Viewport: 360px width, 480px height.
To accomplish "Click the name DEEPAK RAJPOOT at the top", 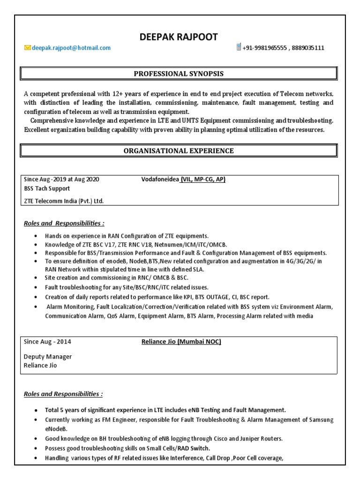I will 179,37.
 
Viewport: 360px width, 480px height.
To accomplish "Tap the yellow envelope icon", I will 28,48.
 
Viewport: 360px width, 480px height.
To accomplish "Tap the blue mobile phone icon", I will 239,47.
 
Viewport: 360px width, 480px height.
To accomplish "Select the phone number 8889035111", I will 309,48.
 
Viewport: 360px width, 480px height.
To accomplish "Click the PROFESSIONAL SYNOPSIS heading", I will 179,74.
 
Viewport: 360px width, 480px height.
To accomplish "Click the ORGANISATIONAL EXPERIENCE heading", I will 179,150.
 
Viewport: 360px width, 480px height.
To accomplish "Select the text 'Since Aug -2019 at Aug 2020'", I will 61,180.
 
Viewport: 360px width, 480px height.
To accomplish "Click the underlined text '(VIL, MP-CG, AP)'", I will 203,180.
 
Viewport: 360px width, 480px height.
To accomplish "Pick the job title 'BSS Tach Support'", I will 47,188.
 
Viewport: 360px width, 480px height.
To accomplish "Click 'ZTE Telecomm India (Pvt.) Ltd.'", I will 64,201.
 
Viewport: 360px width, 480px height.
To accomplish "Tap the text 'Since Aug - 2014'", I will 47,342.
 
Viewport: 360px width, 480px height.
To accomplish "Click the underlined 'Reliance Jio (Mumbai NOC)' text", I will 181,342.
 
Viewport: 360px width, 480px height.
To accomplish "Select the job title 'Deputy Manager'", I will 48,357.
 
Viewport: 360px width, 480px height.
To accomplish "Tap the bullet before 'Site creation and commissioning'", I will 37,278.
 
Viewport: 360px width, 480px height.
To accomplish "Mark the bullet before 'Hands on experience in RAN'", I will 37,236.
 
